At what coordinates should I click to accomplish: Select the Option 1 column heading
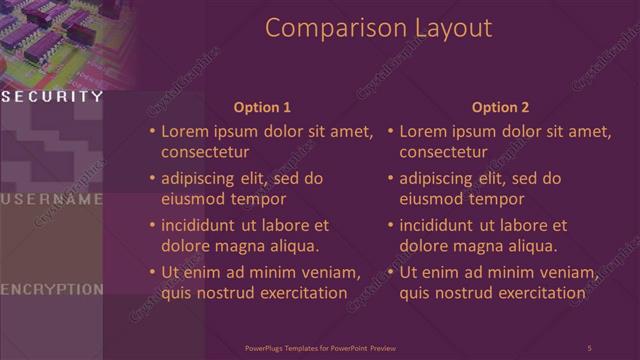tap(262, 107)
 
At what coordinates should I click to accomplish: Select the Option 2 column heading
tap(501, 107)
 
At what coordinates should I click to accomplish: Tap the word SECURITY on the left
tap(52, 97)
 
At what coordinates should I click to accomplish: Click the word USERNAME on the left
tap(52, 199)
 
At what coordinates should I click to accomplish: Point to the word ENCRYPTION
tap(52, 289)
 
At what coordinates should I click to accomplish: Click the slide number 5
tap(589, 347)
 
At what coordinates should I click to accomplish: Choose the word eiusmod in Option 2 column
tap(430, 199)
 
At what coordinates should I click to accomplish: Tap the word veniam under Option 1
tap(329, 273)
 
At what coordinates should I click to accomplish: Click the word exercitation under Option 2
tap(538, 293)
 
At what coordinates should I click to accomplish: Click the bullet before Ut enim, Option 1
tap(152, 273)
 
